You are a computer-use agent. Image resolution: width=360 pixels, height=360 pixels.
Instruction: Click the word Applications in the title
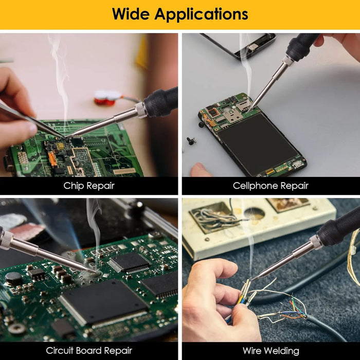point(202,15)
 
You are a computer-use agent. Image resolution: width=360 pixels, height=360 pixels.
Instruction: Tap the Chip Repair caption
point(89,186)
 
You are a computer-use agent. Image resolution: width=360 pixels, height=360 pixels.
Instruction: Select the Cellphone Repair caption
point(271,186)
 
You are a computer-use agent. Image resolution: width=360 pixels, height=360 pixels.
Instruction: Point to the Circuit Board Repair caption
point(89,351)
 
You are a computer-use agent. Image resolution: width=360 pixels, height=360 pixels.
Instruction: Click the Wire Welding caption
point(271,351)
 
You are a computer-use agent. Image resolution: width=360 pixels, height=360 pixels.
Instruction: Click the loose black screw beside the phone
point(191,141)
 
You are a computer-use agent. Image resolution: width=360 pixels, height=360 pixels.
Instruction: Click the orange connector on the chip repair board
point(52,159)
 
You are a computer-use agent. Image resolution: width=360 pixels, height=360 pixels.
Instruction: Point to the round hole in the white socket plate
point(254,214)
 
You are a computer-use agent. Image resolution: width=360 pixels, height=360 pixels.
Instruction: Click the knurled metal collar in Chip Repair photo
point(141,110)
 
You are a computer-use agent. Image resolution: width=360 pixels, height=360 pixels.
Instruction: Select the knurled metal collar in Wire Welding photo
point(316,242)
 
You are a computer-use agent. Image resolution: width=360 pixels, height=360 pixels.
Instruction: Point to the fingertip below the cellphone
point(200,170)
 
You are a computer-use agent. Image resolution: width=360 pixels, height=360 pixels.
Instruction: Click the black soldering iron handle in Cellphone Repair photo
point(301,47)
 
